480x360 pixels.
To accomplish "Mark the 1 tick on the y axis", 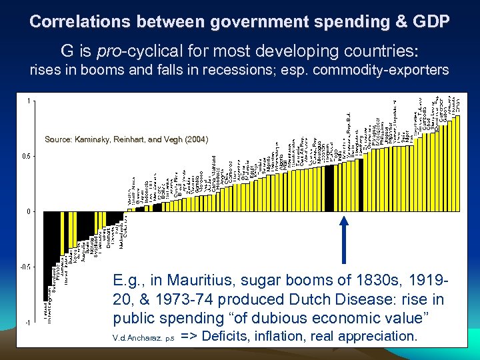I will pyautogui.click(x=29, y=101).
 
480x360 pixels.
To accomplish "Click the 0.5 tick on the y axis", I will pyautogui.click(x=27, y=156).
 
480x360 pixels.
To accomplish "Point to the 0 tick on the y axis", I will pyautogui.click(x=29, y=211).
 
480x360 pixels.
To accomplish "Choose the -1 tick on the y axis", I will pyautogui.click(x=27, y=322).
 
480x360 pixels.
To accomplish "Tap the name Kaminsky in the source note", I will pyautogui.click(x=93, y=139).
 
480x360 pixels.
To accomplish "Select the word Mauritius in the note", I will pyautogui.click(x=225, y=280).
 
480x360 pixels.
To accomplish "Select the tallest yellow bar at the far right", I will pyautogui.click(x=457, y=163).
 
